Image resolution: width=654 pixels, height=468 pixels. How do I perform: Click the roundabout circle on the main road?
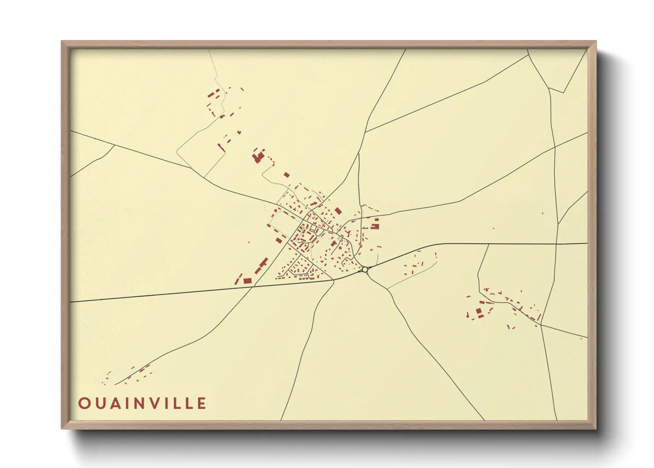click(x=365, y=269)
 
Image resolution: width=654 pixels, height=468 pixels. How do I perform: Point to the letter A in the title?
click(x=115, y=403)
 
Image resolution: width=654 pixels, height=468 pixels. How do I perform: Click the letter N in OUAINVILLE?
click(x=142, y=403)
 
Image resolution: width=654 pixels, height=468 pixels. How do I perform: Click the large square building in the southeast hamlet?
click(x=479, y=313)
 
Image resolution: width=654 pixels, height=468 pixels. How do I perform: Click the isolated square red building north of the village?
click(x=286, y=175)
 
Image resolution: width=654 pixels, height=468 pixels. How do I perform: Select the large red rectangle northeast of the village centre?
click(x=338, y=211)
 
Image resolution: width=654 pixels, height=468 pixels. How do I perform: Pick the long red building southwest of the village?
click(x=261, y=265)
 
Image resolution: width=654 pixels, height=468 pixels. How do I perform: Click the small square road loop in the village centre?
click(x=313, y=228)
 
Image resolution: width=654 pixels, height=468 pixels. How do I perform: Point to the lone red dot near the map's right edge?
click(x=581, y=338)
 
